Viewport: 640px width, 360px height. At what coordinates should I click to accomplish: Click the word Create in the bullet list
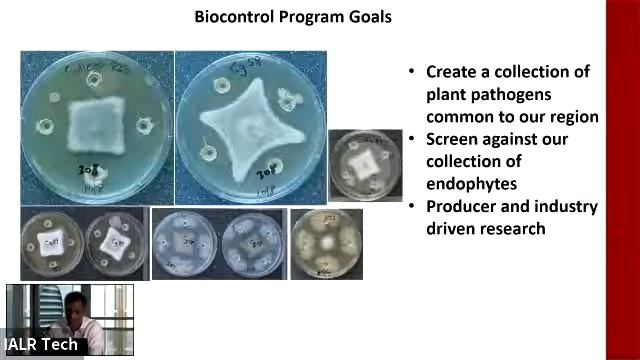pos(454,72)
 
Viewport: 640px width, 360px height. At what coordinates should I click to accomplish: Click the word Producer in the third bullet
pos(465,206)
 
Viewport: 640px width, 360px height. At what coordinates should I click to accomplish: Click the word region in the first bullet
pos(571,116)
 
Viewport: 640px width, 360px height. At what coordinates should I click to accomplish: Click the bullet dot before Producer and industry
pos(411,206)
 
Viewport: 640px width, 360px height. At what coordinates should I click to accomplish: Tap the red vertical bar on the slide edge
pos(622,180)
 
